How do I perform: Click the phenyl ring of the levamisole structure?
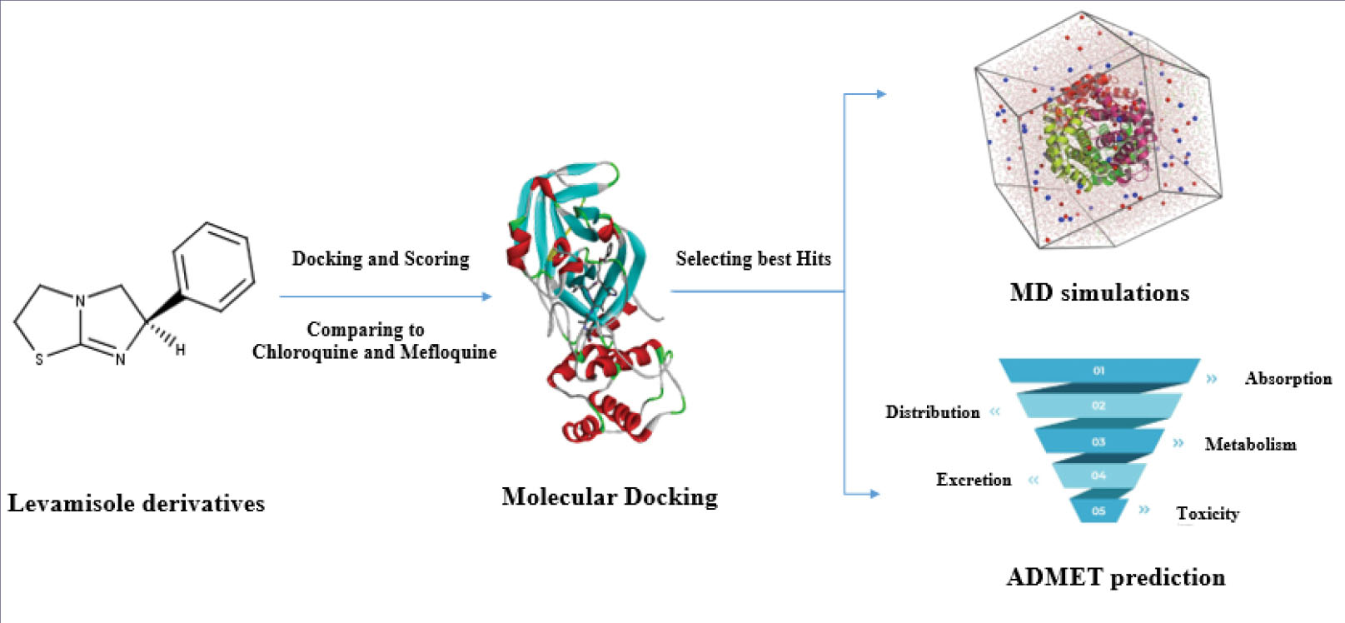point(213,267)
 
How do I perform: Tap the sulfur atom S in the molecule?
point(39,360)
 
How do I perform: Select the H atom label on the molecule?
point(180,351)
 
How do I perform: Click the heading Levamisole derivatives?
point(137,503)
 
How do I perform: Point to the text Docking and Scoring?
point(381,259)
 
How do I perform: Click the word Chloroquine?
point(306,352)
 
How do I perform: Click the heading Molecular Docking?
point(610,497)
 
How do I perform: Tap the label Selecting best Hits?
point(753,259)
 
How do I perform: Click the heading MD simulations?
point(1099,292)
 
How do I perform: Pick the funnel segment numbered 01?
point(1098,371)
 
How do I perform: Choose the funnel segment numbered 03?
point(1098,441)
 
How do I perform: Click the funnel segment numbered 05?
point(1098,511)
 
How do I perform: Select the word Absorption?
point(1288,379)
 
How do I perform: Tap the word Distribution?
point(932,412)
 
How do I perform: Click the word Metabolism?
point(1250,445)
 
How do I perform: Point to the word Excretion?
point(973,480)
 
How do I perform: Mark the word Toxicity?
point(1207,513)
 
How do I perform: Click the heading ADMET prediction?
point(1115,577)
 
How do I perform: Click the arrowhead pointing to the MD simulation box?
point(881,94)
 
